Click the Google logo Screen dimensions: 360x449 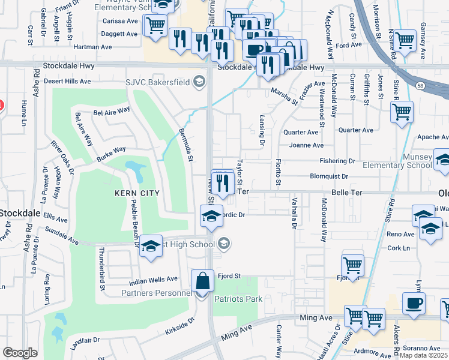coord(20,353)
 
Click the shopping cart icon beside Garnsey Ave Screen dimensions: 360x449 coord(405,41)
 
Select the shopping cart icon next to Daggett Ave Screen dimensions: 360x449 coord(155,26)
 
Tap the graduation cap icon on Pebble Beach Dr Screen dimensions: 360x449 coord(150,247)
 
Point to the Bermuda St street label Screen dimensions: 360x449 coord(185,145)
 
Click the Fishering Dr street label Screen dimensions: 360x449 coord(337,161)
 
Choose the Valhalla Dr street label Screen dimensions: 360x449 coord(294,213)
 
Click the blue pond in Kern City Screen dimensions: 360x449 coord(135,171)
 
